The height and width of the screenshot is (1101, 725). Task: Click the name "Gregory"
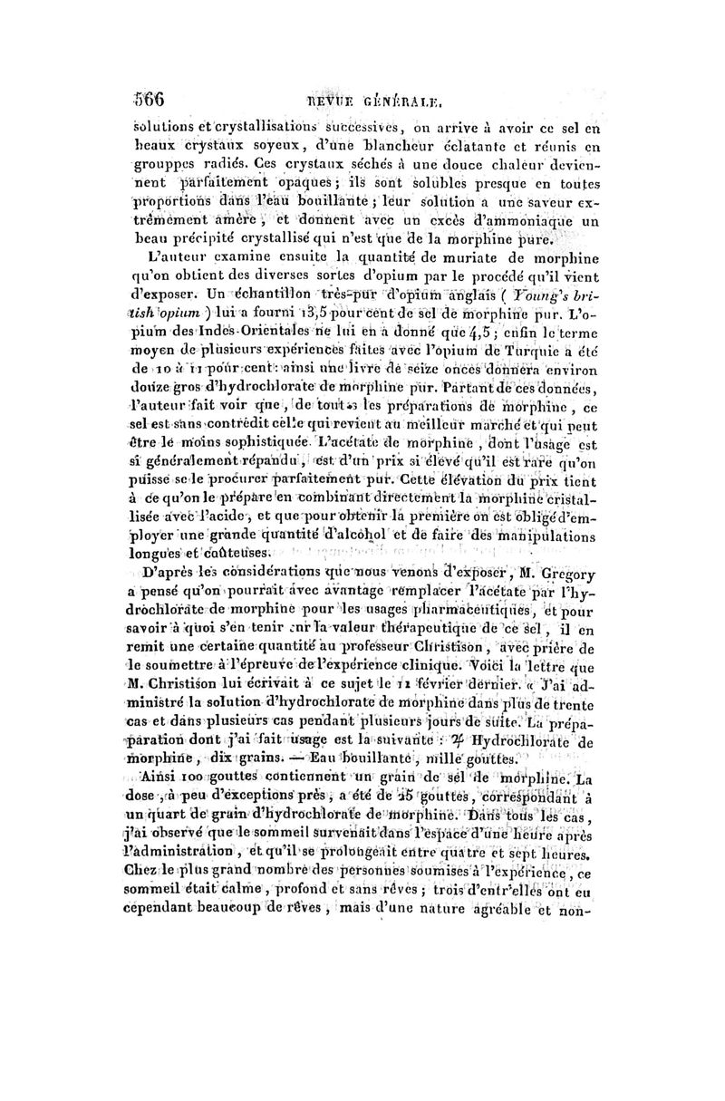coord(562,573)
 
